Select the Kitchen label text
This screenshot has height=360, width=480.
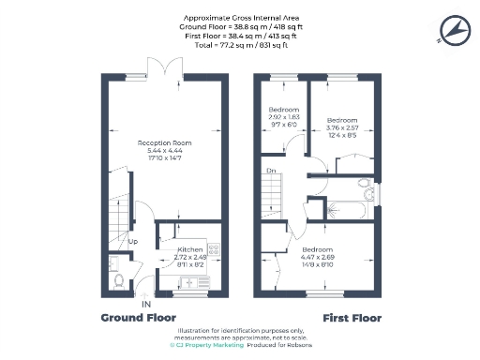tap(190, 249)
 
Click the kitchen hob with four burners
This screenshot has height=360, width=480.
tap(213, 250)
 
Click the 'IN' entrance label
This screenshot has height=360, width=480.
tap(145, 305)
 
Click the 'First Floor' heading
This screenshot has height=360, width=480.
tap(352, 318)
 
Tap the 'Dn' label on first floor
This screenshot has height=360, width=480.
tap(271, 172)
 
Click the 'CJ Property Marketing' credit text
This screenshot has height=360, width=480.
tap(207, 346)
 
